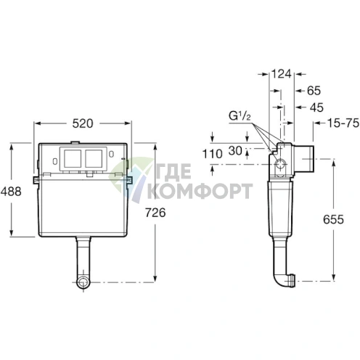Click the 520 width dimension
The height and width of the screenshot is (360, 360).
[83, 123]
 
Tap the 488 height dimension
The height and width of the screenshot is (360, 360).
[11, 192]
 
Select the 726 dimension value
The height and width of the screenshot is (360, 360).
[155, 213]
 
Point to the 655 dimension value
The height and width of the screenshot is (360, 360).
[333, 219]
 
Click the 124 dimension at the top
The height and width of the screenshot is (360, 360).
[282, 74]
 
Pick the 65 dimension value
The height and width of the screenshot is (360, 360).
[314, 91]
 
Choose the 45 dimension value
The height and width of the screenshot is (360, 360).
[316, 107]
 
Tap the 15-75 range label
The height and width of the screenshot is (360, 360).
[343, 123]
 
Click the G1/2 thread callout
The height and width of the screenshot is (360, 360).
[240, 116]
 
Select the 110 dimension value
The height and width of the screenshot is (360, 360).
[212, 154]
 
